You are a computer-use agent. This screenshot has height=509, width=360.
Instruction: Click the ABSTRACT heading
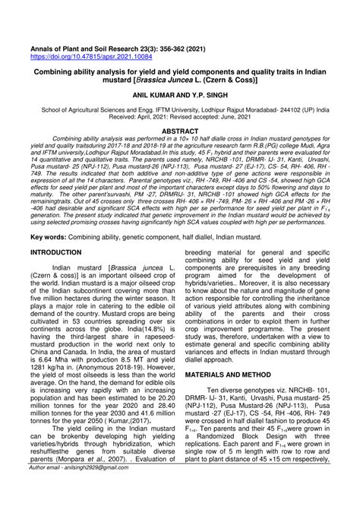point(180,131)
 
